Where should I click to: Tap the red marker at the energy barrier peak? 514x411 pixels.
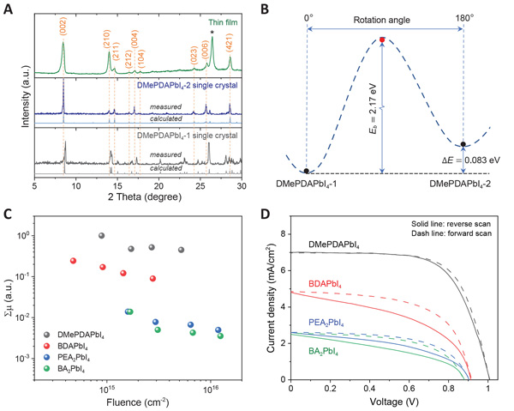(382, 39)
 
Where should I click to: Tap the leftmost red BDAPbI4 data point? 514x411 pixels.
(74, 261)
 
